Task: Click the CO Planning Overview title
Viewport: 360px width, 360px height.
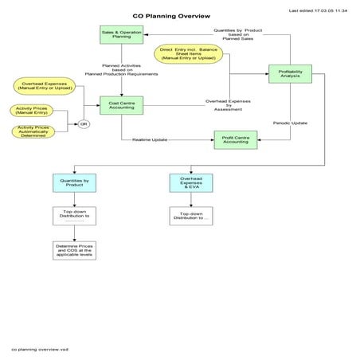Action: [171, 16]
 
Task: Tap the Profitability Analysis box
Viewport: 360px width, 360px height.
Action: [290, 73]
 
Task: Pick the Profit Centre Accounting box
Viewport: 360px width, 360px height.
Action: [235, 139]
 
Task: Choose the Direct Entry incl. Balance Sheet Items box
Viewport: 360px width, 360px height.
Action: [188, 53]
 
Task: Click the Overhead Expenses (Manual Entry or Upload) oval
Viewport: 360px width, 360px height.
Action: [43, 84]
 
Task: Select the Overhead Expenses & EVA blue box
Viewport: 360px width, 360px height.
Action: [190, 182]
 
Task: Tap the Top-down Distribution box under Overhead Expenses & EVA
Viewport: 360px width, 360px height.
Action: [190, 216]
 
